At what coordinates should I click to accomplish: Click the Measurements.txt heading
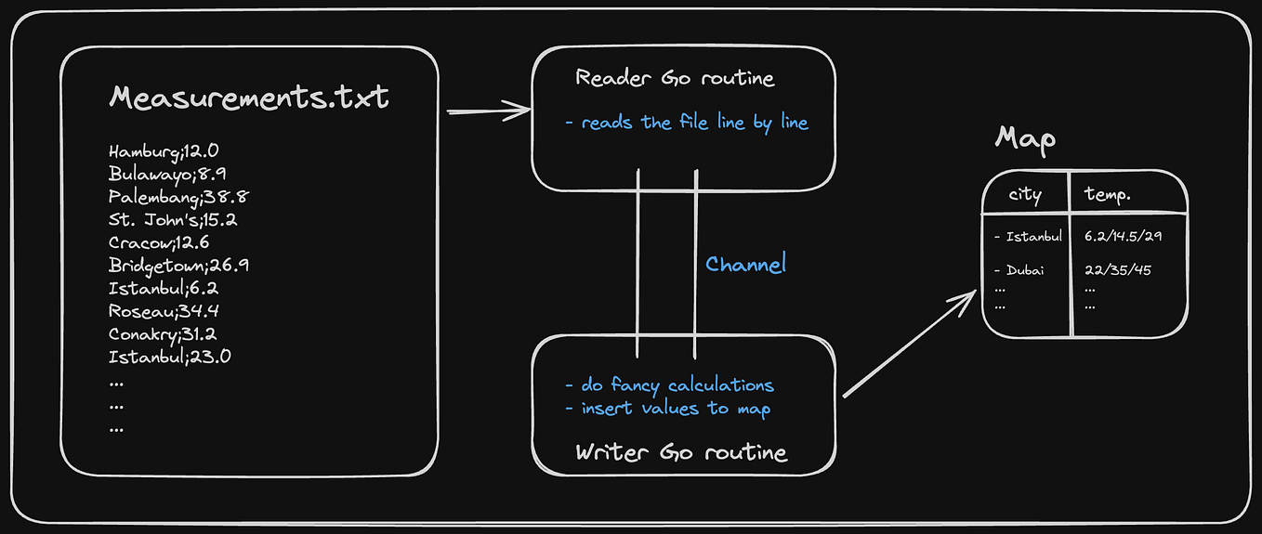(249, 98)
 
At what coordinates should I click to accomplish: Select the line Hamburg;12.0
(164, 150)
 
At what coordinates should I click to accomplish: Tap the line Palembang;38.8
(177, 197)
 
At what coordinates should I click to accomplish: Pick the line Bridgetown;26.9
(177, 266)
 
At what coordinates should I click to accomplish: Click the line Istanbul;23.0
(169, 357)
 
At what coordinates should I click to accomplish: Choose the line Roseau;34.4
(164, 311)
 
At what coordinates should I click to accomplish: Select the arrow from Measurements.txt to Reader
(487, 112)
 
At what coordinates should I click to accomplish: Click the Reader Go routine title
(675, 78)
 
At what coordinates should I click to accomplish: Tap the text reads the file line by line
(687, 123)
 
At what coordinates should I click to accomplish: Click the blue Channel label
(745, 265)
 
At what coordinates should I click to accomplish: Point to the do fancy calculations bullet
(669, 384)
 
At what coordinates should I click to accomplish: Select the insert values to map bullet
(667, 408)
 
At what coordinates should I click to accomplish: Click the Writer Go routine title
(680, 452)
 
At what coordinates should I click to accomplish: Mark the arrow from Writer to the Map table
(909, 344)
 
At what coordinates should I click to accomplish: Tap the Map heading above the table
(1025, 139)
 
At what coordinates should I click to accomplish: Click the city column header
(1025, 195)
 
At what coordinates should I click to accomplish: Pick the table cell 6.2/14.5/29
(1123, 237)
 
